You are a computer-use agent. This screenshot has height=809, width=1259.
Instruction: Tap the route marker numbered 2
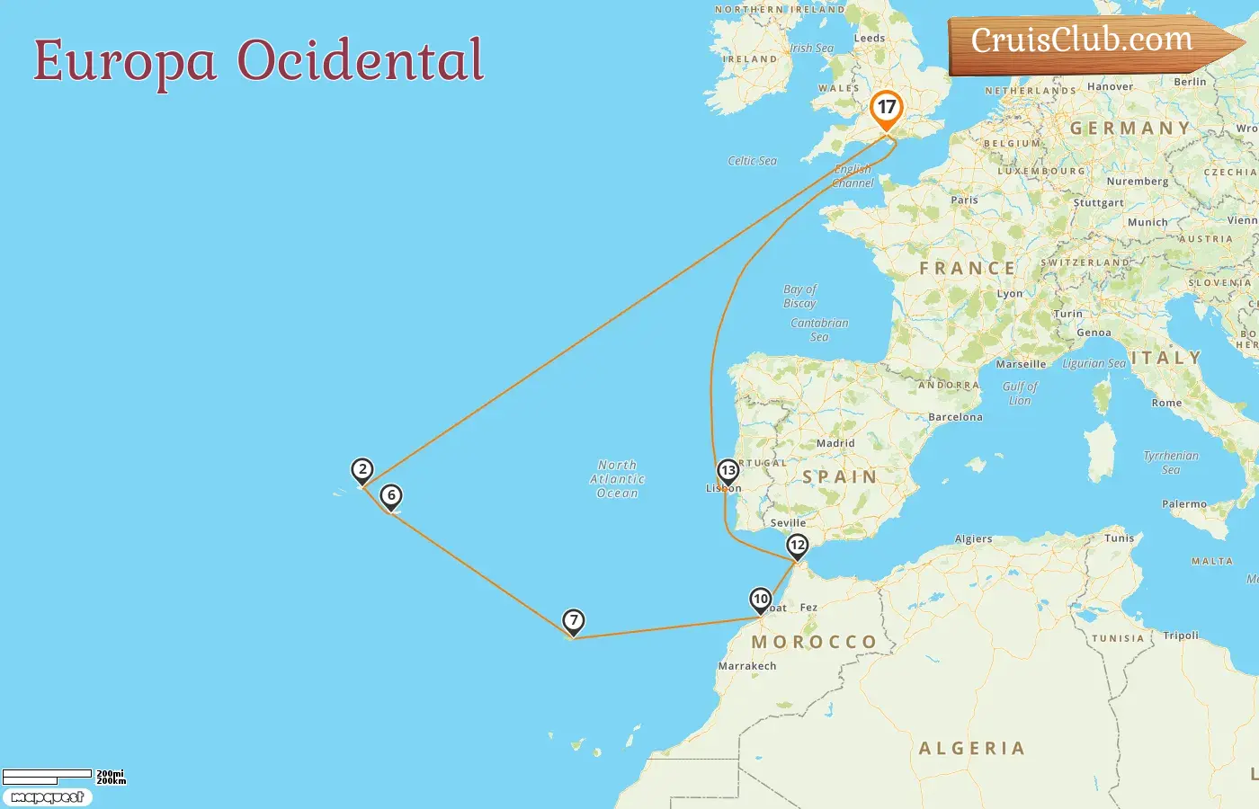tap(362, 470)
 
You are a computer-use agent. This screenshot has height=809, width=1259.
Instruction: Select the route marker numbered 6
tap(391, 496)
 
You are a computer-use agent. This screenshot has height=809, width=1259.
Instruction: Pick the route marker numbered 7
tap(574, 621)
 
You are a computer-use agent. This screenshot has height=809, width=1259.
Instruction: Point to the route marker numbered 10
tap(761, 600)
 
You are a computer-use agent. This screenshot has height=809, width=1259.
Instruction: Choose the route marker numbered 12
tap(798, 546)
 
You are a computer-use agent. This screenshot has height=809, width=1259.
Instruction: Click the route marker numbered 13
tap(728, 471)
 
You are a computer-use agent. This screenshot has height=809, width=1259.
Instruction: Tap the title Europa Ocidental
tap(259, 60)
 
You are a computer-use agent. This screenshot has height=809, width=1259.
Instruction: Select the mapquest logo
tap(47, 797)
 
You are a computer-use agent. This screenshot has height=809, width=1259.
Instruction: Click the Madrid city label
tap(835, 443)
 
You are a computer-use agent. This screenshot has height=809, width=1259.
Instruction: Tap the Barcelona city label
tap(955, 417)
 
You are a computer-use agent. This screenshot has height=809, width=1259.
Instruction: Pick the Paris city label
tap(964, 200)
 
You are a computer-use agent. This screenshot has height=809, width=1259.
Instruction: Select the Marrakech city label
tap(747, 666)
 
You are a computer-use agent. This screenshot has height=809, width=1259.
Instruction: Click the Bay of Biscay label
tap(799, 296)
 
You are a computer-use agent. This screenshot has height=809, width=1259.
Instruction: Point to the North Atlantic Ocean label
tap(617, 479)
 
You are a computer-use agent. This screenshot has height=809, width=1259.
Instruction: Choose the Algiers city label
tap(973, 539)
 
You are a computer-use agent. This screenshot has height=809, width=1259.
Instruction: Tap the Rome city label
tap(1166, 403)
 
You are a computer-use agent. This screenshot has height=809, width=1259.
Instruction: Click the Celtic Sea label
tap(752, 161)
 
